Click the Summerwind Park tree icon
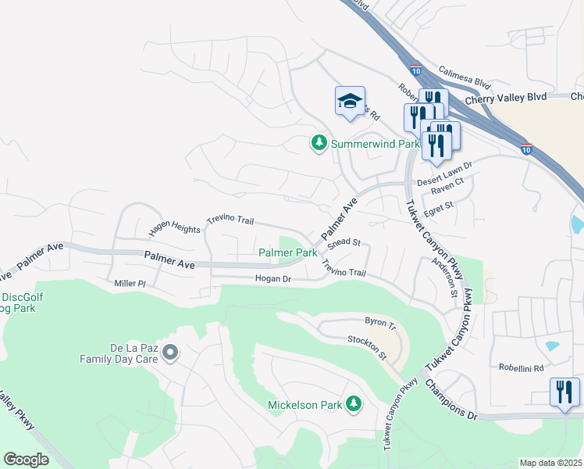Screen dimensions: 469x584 click(319, 143)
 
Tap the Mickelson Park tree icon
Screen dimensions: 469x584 click(354, 403)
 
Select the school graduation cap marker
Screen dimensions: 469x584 click(350, 102)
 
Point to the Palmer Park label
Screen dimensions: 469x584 click(288, 252)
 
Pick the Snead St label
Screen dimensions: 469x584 click(344, 244)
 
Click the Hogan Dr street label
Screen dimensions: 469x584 click(272, 278)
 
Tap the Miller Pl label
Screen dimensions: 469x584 click(130, 282)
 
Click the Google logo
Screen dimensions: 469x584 click(26, 459)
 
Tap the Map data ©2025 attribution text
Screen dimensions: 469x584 click(550, 463)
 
